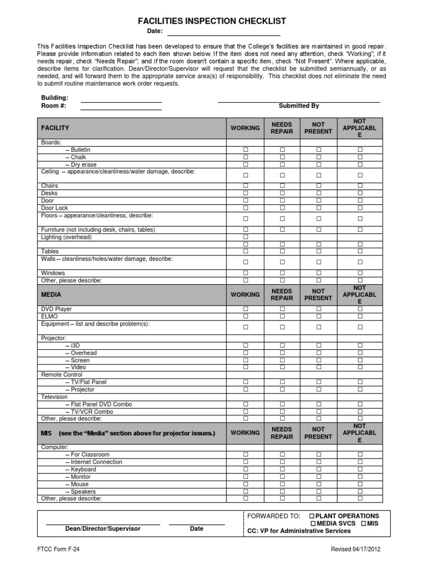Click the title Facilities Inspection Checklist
click(212, 21)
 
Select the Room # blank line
click(121, 108)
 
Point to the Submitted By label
click(299, 106)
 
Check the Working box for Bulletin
click(246, 150)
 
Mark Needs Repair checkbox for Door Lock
click(282, 208)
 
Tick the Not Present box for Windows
click(318, 273)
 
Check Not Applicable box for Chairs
click(360, 186)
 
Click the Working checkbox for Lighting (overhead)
click(246, 237)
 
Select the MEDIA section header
click(51, 295)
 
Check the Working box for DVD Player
click(246, 310)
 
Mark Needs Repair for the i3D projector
click(282, 345)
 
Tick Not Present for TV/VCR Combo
click(318, 412)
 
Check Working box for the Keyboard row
click(246, 470)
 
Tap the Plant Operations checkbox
click(312, 516)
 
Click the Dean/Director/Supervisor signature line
click(103, 523)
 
